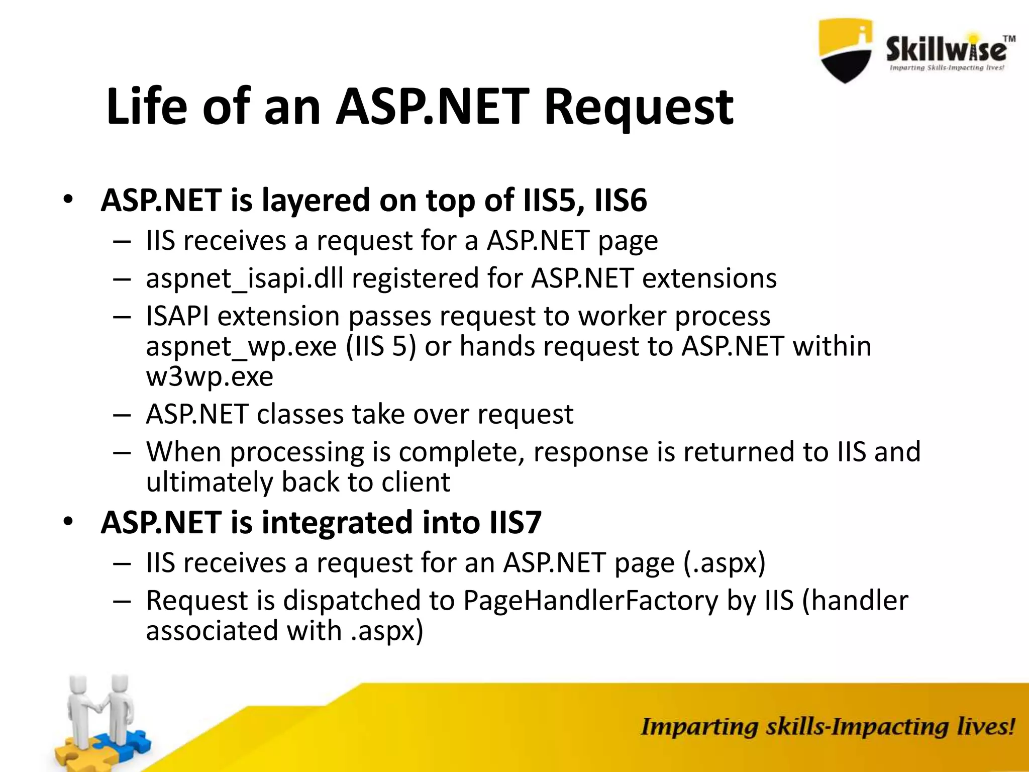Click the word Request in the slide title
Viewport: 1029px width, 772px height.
tap(639, 107)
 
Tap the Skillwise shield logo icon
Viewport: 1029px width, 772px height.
tap(846, 50)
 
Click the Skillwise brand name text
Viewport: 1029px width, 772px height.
tap(946, 50)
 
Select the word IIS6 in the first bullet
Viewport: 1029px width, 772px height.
tap(621, 201)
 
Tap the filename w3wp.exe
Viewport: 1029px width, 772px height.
tap(210, 377)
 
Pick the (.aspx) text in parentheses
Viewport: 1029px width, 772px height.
tap(725, 563)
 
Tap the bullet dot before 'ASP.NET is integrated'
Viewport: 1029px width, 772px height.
tap(68, 522)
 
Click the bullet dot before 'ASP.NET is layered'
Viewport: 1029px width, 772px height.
tap(68, 201)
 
